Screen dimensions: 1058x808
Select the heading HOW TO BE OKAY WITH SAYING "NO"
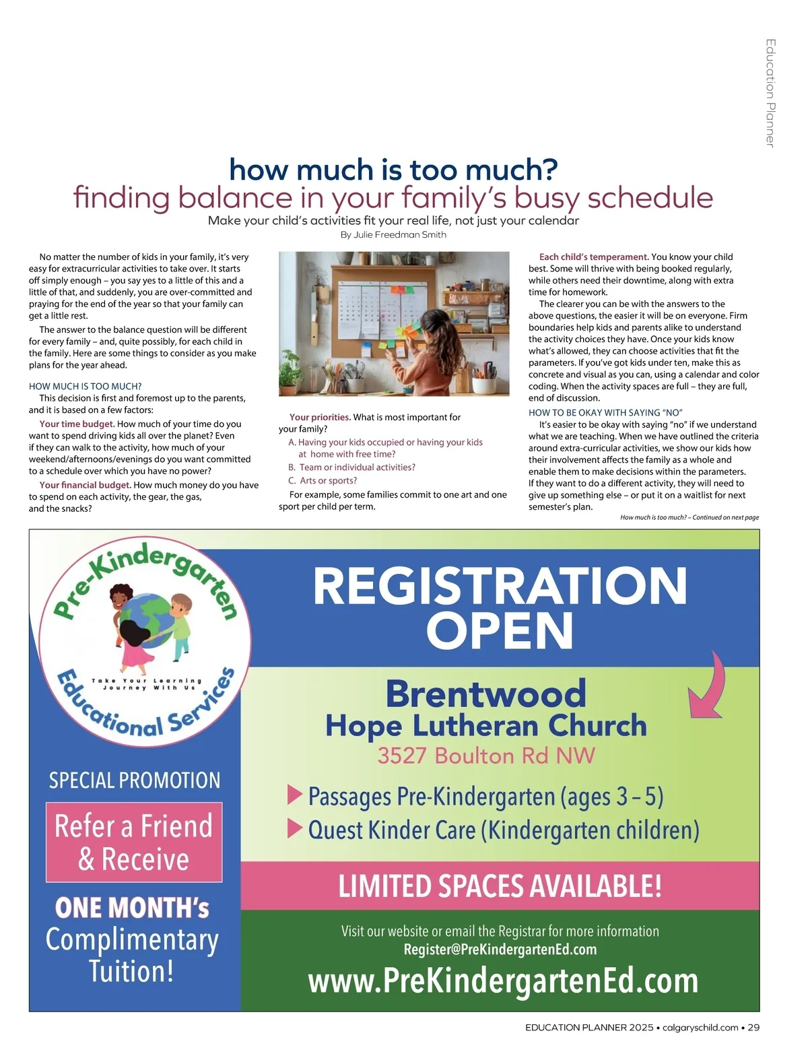point(605,413)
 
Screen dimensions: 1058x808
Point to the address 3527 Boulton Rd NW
point(486,756)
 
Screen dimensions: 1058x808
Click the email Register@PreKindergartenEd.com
point(500,950)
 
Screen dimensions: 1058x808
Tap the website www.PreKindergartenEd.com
point(503,981)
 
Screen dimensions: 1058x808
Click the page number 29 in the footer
point(753,1028)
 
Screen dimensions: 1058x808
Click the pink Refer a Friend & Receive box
point(134,842)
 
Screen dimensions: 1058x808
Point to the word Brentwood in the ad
point(485,694)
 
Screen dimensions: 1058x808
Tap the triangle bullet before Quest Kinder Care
point(294,828)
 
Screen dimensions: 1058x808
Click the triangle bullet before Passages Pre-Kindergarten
point(294,795)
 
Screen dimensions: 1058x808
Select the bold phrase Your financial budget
point(85,485)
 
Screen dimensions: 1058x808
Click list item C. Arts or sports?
point(323,481)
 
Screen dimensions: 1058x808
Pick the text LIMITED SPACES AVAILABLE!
point(500,886)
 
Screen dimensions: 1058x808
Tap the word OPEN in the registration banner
point(500,631)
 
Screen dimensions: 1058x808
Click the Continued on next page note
point(689,517)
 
